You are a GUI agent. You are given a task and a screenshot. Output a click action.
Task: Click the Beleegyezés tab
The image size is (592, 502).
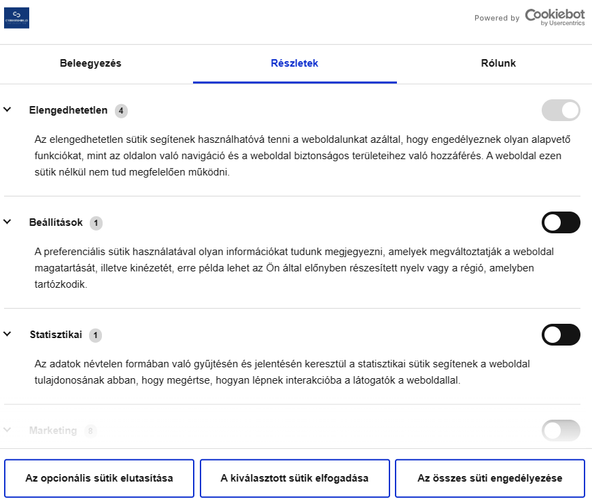tap(90, 63)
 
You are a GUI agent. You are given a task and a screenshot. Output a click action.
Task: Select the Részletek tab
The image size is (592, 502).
tap(294, 63)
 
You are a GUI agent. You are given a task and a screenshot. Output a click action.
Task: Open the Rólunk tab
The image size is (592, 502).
tap(498, 63)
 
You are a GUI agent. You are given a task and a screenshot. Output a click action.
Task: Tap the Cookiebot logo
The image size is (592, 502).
tap(553, 18)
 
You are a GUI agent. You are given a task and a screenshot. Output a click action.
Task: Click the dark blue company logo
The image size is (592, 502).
tap(16, 18)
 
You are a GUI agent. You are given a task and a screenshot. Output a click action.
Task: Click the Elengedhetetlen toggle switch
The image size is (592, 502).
tap(561, 110)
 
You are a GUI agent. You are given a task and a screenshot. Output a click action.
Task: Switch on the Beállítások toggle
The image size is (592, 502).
tap(561, 222)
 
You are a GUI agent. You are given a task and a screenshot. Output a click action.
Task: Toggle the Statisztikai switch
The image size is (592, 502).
tap(561, 335)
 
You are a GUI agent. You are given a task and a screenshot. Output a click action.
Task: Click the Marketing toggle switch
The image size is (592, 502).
tap(561, 431)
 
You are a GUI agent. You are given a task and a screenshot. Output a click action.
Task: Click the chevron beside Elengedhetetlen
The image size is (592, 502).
tap(7, 110)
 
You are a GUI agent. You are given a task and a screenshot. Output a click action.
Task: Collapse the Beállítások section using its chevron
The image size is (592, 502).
tap(7, 222)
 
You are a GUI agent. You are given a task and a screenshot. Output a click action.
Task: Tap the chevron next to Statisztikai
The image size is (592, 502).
tap(7, 334)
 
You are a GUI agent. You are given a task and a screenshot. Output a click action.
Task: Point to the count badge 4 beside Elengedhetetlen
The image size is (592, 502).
tap(121, 110)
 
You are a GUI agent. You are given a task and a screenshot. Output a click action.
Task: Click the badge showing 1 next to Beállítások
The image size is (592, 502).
tap(96, 222)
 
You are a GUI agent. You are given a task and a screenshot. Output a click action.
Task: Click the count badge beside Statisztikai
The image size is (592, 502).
tap(96, 335)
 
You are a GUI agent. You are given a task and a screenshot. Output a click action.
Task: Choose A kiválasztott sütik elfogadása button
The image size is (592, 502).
tap(294, 478)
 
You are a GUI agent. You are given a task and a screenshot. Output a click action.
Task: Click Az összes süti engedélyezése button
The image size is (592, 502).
tap(489, 478)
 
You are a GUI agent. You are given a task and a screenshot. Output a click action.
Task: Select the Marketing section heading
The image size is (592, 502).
tap(53, 431)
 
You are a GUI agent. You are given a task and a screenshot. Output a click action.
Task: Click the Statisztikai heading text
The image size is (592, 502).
tap(56, 335)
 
